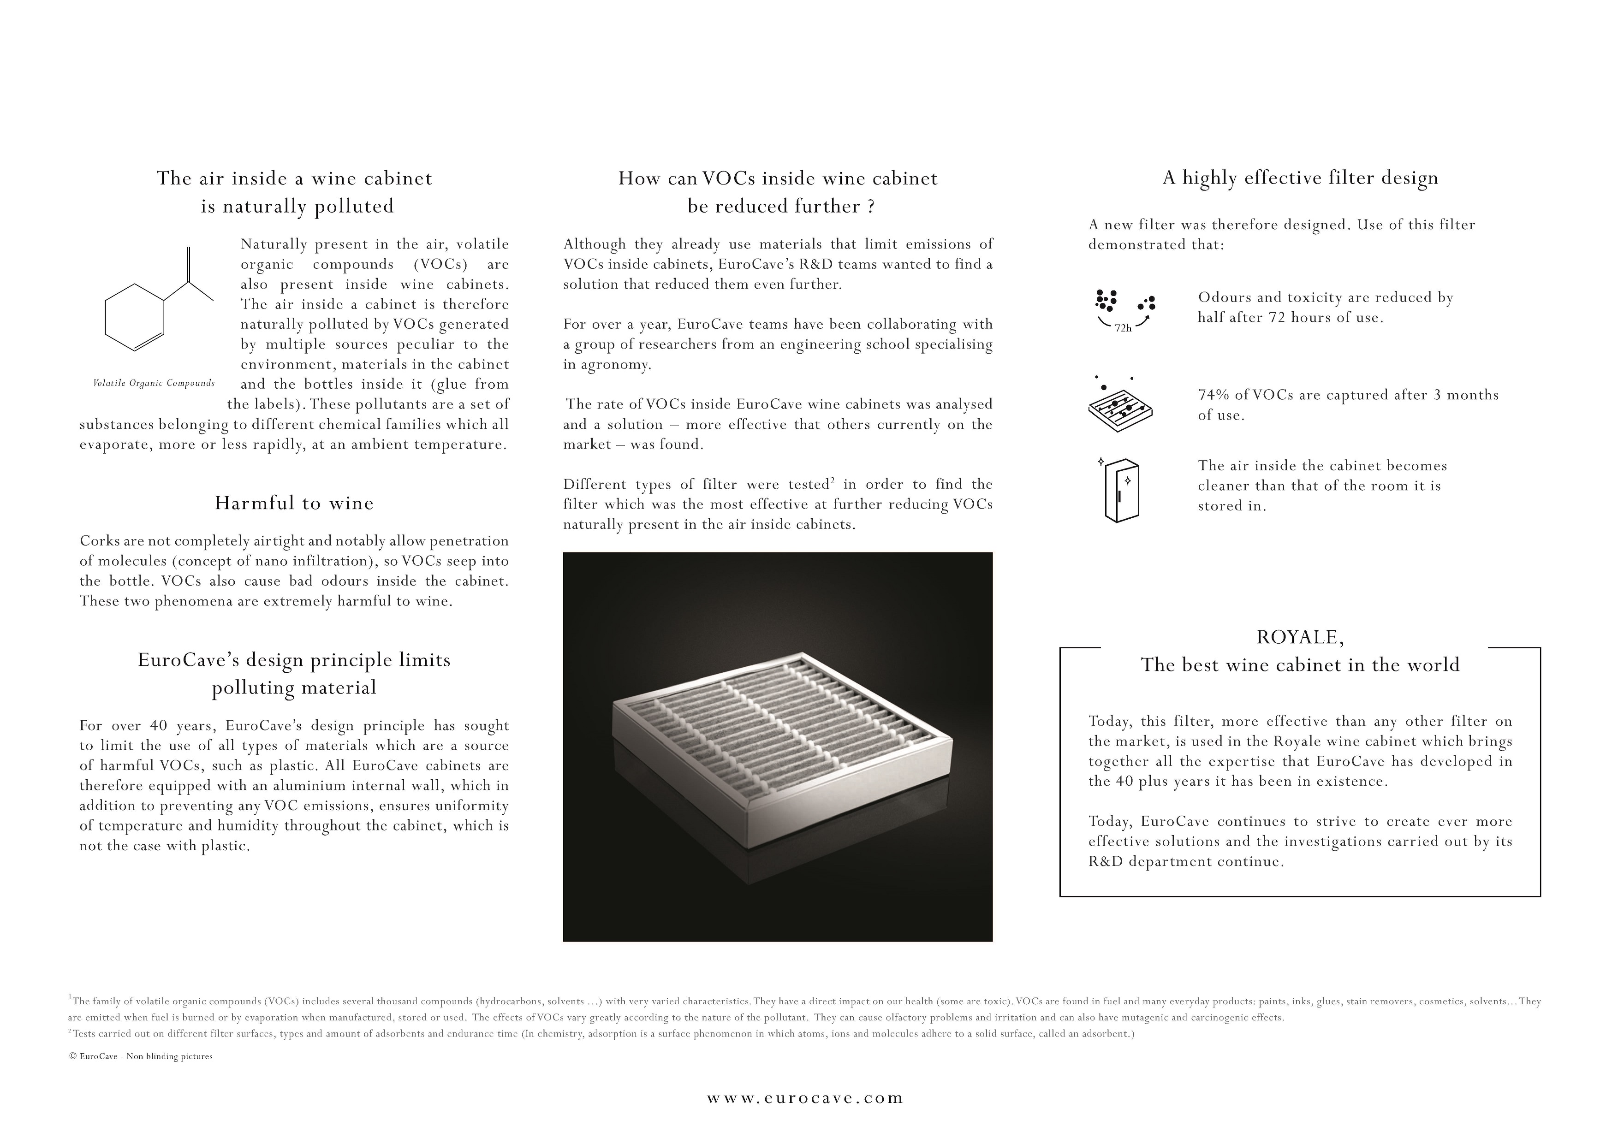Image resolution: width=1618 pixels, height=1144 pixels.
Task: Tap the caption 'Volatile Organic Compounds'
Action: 154,383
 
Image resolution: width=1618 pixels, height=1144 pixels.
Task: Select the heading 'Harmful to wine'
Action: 294,503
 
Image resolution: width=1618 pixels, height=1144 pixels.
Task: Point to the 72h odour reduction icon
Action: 1124,310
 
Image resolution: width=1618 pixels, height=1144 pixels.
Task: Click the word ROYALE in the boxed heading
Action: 1299,638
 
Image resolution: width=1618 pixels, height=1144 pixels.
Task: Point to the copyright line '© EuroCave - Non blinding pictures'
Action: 141,1057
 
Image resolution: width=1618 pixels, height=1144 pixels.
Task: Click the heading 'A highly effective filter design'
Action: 1299,178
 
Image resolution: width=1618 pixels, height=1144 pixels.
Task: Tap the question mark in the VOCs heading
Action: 871,207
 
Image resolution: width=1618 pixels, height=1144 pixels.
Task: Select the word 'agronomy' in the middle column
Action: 621,365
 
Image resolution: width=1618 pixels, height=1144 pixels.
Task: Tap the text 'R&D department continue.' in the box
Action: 1185,861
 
